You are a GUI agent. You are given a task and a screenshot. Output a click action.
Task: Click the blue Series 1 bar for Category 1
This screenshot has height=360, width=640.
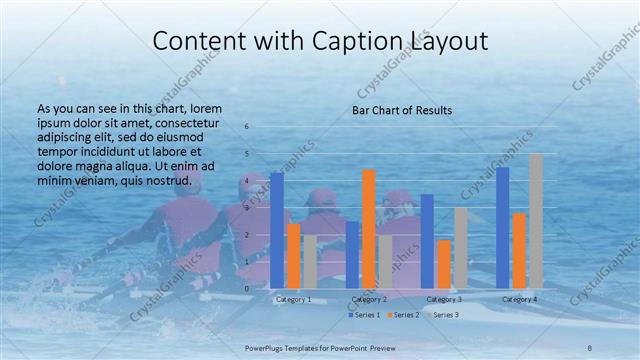[277, 230]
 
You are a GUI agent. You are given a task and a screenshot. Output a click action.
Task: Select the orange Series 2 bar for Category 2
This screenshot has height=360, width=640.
[368, 229]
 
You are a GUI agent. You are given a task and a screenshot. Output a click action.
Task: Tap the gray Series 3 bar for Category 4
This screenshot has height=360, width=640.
[535, 221]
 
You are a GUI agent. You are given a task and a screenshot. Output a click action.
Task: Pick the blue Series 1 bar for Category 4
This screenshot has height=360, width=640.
[502, 228]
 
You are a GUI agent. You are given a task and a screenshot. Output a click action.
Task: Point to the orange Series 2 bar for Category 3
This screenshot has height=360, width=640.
[444, 264]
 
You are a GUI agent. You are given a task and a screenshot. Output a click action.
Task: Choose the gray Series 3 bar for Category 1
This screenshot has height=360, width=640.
[310, 262]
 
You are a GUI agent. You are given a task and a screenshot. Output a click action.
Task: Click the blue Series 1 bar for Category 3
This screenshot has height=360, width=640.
[427, 241]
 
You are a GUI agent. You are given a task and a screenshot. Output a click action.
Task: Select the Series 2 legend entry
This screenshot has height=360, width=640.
[402, 315]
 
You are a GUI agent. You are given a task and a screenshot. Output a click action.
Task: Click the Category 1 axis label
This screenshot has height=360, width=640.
[293, 299]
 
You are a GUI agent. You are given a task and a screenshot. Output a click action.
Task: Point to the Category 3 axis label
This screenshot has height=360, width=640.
[444, 299]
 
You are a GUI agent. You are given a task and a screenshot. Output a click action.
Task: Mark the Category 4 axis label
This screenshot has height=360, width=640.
[519, 299]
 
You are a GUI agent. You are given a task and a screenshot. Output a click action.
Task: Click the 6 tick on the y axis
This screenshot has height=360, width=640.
[247, 126]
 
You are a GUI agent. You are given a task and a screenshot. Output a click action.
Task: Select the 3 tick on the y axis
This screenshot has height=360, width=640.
[247, 207]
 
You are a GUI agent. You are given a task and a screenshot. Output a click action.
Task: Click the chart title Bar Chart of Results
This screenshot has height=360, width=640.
[402, 110]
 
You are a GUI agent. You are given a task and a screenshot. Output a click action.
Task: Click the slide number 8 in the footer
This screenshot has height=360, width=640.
[590, 346]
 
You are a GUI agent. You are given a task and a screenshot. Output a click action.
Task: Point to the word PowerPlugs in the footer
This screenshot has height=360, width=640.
[265, 346]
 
